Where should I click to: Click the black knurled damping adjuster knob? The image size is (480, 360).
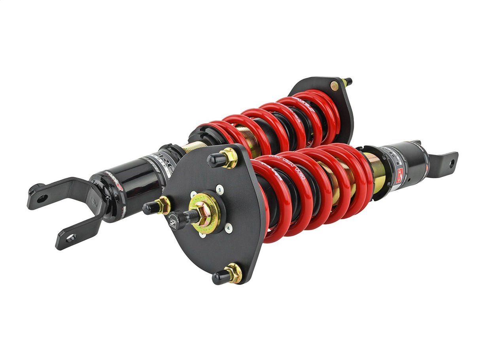coord(177,219)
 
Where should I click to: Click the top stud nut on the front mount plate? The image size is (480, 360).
coord(229,158)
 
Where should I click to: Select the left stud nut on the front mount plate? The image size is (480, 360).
coord(163,205)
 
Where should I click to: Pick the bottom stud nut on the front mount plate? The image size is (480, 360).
coord(234,273)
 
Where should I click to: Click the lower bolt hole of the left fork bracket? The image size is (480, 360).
coord(71,237)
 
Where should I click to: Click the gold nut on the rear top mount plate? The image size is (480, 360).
coord(334,86)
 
